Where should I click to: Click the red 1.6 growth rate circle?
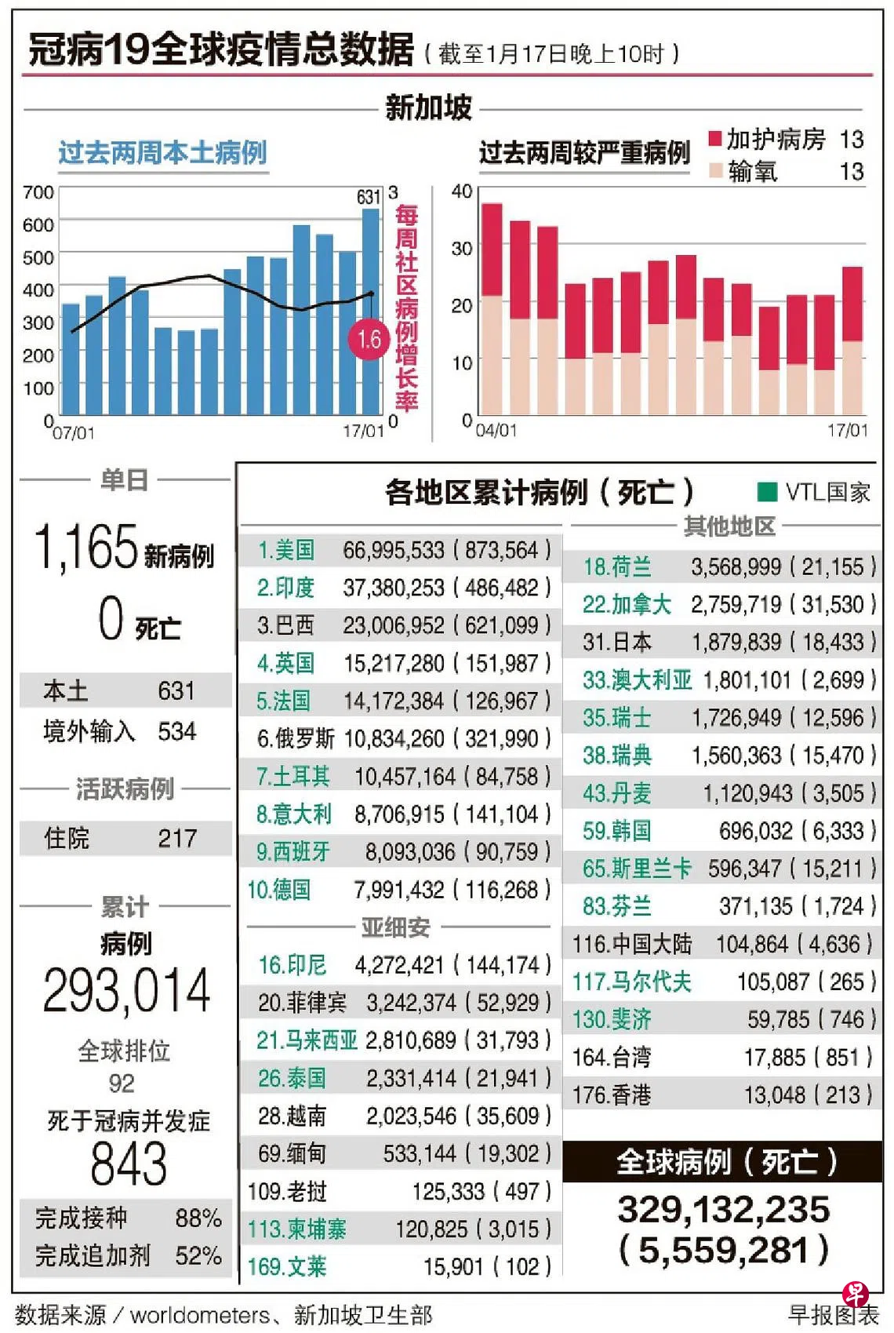(369, 340)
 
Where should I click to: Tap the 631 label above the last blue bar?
(369, 197)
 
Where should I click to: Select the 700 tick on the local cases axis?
(38, 192)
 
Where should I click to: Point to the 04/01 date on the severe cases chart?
(496, 430)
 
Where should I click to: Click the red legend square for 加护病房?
(714, 139)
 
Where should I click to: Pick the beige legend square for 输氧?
(714, 170)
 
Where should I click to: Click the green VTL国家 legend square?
(766, 492)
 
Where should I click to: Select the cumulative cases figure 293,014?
(126, 991)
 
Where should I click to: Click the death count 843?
(129, 1164)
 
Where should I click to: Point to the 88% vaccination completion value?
(198, 1218)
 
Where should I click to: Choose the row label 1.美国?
(286, 550)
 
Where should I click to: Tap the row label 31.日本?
(617, 643)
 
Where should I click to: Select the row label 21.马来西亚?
(307, 1040)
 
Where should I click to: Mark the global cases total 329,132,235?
(723, 1210)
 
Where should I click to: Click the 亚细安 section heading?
(395, 927)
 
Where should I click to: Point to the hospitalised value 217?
(177, 838)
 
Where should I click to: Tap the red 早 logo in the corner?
(855, 1294)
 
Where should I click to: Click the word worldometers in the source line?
(199, 1315)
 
